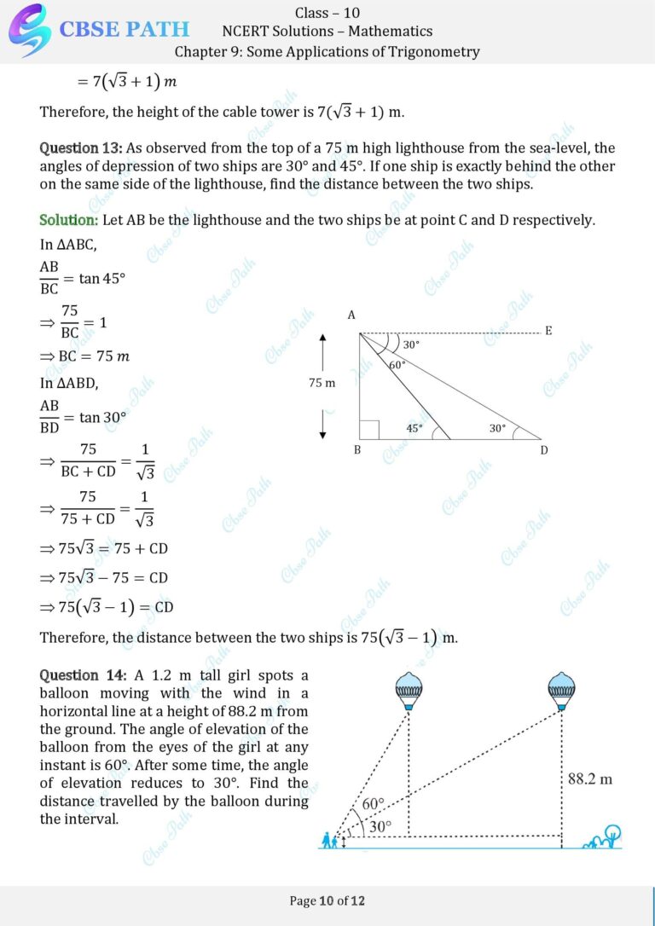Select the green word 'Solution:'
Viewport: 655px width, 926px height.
(x=69, y=220)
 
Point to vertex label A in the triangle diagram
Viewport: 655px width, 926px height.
(x=351, y=315)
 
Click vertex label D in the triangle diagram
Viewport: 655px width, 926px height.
(x=544, y=450)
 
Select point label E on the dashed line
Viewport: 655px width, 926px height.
(x=548, y=331)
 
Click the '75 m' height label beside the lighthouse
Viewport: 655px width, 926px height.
(x=322, y=383)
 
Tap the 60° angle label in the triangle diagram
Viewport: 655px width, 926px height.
(x=397, y=365)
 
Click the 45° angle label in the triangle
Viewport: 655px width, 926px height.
(x=414, y=429)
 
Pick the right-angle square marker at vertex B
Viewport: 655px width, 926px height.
(x=369, y=430)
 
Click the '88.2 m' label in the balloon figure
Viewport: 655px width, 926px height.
(x=590, y=778)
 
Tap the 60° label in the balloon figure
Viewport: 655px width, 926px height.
(x=374, y=804)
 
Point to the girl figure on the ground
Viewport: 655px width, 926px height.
(x=328, y=840)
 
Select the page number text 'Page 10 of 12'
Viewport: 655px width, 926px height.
(x=327, y=900)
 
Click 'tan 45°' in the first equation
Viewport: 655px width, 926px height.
(x=102, y=278)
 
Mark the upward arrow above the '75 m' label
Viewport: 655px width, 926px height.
(x=322, y=350)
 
